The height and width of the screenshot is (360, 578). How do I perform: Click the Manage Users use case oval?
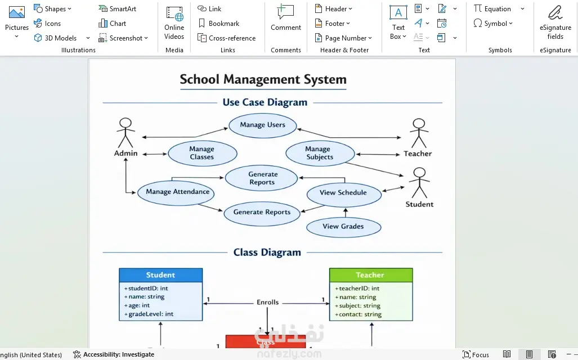pyautogui.click(x=262, y=125)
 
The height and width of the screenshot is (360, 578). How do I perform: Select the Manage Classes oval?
pyautogui.click(x=202, y=153)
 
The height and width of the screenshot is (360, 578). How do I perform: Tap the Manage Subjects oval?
pyautogui.click(x=320, y=153)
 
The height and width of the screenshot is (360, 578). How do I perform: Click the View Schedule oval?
pyautogui.click(x=343, y=193)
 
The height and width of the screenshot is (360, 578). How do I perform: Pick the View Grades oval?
pyautogui.click(x=343, y=227)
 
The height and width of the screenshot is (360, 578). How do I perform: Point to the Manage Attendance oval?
pyautogui.click(x=177, y=192)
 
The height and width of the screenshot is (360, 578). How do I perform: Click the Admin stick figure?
pyautogui.click(x=125, y=133)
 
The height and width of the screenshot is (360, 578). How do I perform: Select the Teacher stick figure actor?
pyautogui.click(x=418, y=133)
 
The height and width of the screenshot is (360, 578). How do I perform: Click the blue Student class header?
pyautogui.click(x=160, y=275)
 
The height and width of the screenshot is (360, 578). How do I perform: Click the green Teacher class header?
pyautogui.click(x=370, y=275)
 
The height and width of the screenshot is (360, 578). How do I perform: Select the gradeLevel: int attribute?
pyautogui.click(x=150, y=314)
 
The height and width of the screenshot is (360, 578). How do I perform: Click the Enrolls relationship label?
pyautogui.click(x=268, y=302)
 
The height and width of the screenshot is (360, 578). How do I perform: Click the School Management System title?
pyautogui.click(x=263, y=79)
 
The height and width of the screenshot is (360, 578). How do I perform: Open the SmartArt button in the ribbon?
pyautogui.click(x=118, y=9)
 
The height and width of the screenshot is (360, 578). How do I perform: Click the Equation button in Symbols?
pyautogui.click(x=493, y=9)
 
